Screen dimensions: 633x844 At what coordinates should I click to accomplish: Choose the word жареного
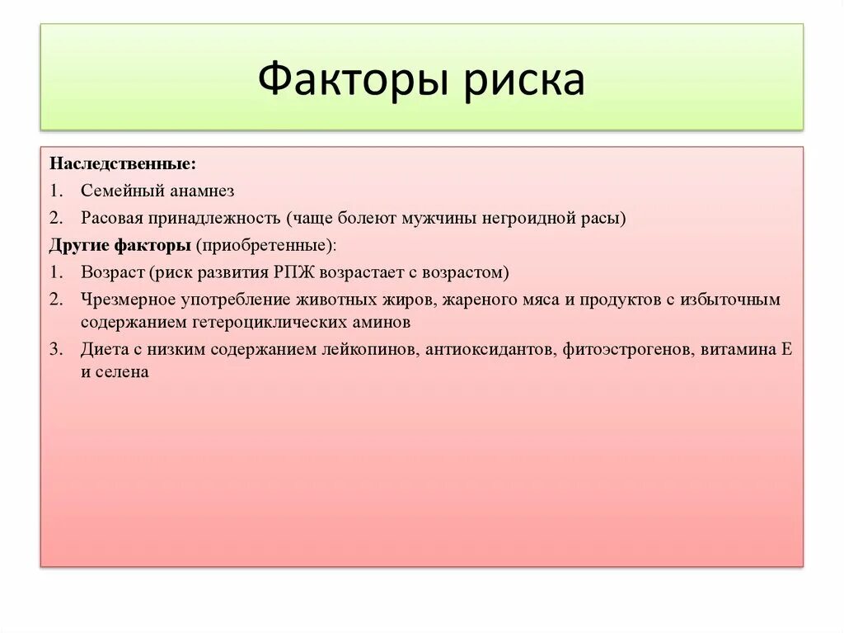(x=479, y=300)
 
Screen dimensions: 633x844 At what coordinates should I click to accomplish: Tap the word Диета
(x=103, y=349)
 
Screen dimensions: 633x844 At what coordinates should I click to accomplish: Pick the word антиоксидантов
(x=492, y=349)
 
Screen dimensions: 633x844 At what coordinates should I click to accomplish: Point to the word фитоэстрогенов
(x=628, y=349)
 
